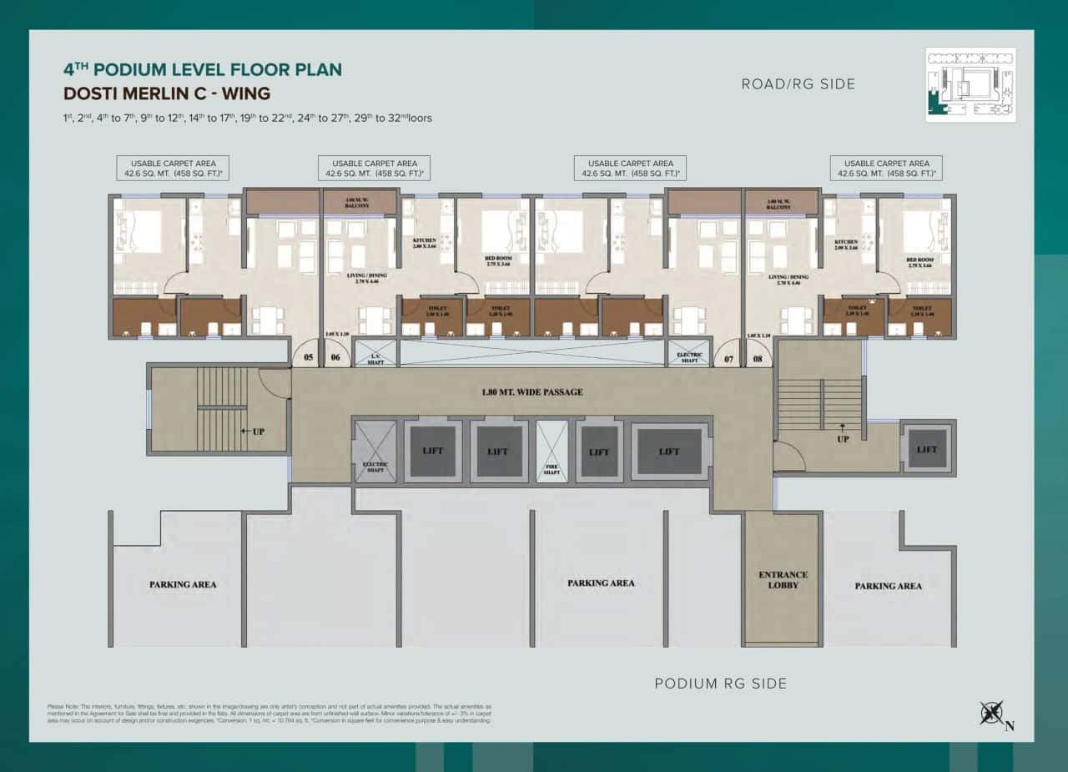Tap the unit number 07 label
[729, 359]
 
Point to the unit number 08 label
[758, 359]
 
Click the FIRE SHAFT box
[552, 451]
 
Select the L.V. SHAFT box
[375, 354]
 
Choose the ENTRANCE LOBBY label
[783, 580]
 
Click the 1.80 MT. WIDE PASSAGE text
[531, 391]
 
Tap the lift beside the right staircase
[927, 449]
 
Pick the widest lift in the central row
[669, 452]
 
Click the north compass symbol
[993, 714]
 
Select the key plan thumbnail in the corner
[970, 84]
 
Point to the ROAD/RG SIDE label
[798, 84]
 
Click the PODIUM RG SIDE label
[720, 684]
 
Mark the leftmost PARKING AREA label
[183, 584]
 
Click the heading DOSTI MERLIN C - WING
[167, 93]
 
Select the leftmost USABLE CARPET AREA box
[173, 169]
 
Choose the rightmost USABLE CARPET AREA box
[886, 169]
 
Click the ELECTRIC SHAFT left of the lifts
[375, 452]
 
